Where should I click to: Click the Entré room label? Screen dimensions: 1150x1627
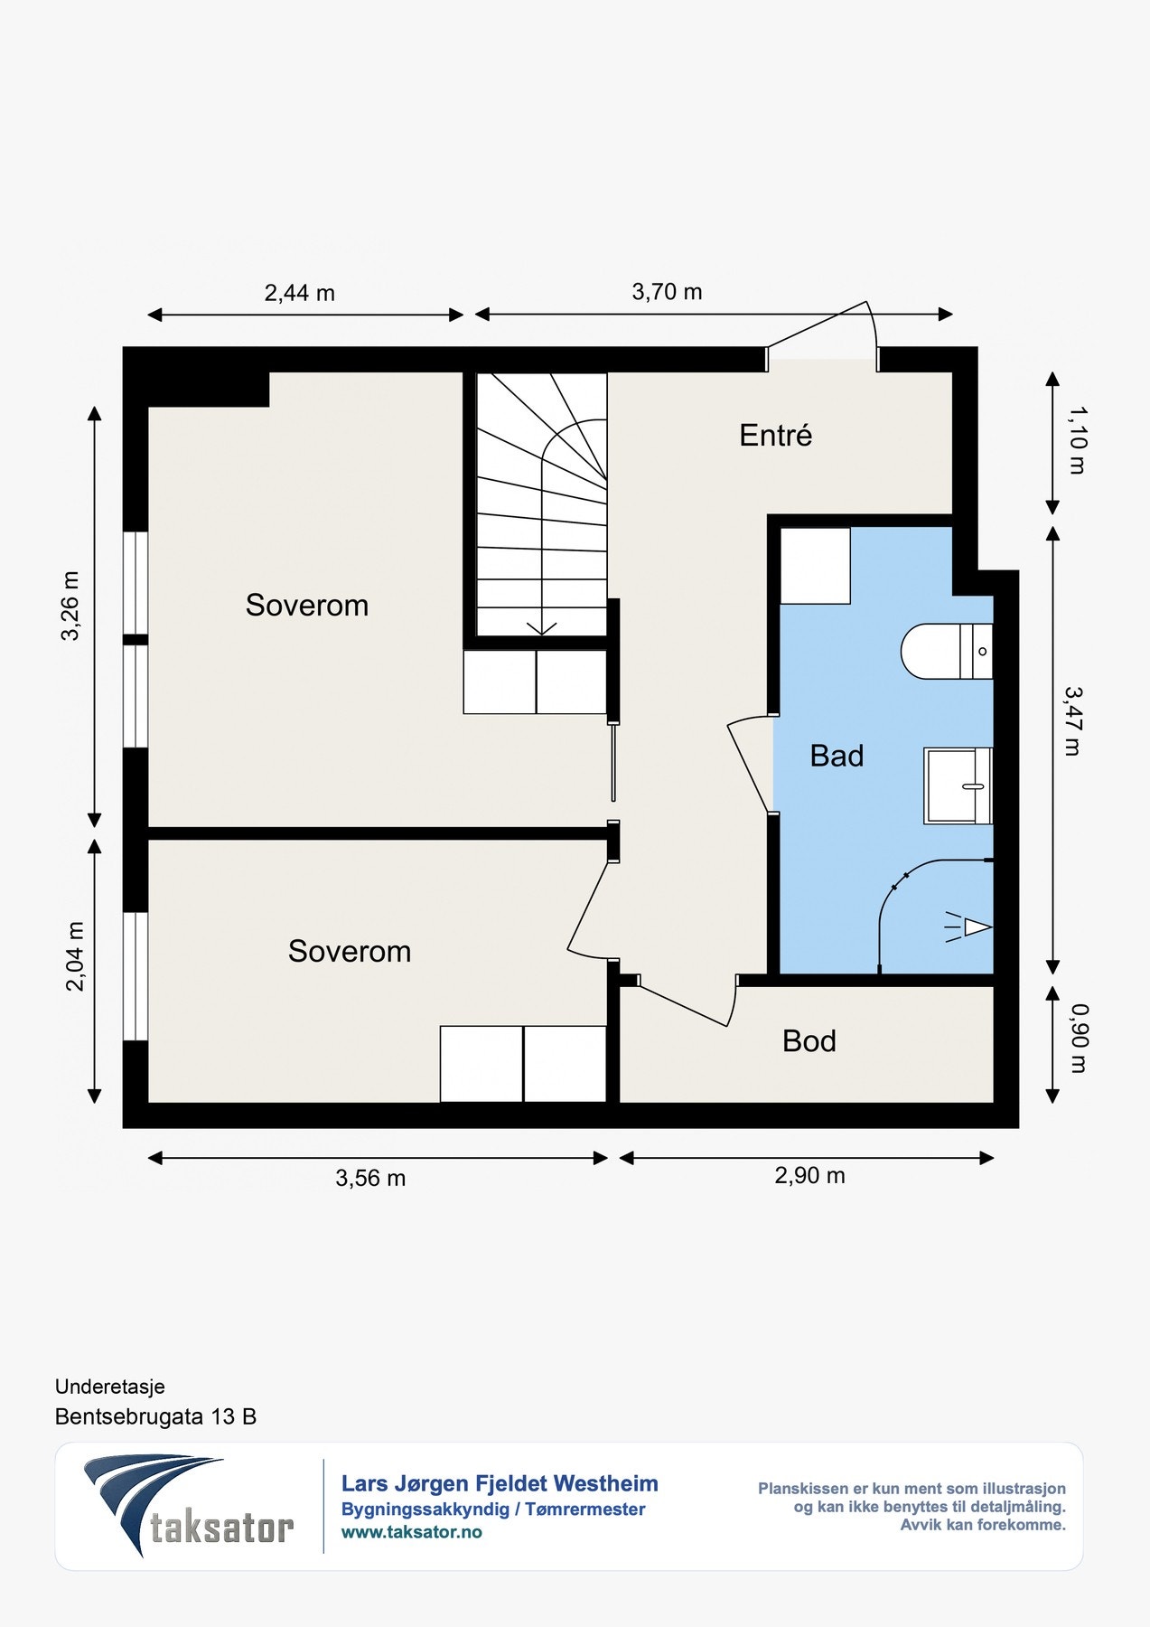coord(775,436)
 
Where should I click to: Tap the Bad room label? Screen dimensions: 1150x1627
coord(837,756)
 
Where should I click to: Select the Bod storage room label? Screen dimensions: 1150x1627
coord(809,1041)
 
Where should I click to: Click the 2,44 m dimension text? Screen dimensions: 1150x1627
coord(299,293)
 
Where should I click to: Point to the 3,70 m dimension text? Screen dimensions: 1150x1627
coord(667,292)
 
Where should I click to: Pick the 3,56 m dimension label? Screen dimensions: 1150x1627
coord(370,1179)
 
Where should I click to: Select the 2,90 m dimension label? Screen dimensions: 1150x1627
coord(809,1176)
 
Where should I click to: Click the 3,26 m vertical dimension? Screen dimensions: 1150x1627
coord(70,606)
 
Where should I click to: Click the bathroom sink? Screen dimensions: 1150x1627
coord(958,785)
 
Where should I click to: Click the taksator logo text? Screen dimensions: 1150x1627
coord(221,1528)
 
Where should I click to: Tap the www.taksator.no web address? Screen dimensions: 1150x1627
coord(411,1532)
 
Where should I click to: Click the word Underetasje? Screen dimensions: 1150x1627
coord(110,1387)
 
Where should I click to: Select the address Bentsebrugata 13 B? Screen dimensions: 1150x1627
coord(155,1416)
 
